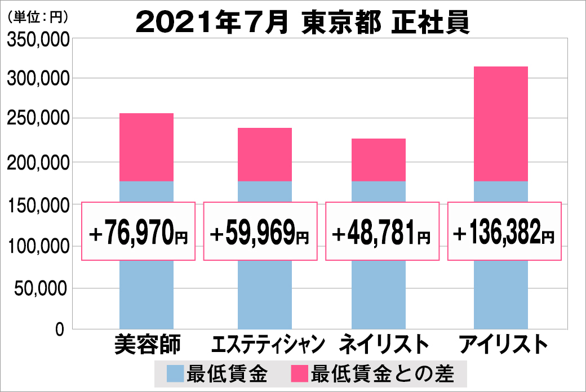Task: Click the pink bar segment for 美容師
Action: click(x=146, y=147)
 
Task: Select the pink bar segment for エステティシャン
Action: click(x=265, y=154)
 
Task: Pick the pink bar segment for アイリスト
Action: click(x=501, y=123)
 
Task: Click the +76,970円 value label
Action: click(x=139, y=231)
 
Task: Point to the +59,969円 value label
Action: click(x=260, y=231)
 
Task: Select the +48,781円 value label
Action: click(x=382, y=231)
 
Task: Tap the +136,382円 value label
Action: click(x=504, y=231)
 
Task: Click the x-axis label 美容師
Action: click(x=146, y=344)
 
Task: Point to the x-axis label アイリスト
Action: click(x=503, y=344)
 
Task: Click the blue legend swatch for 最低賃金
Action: click(x=175, y=373)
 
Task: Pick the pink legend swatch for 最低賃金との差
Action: click(x=299, y=373)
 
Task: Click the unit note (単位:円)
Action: click(x=38, y=17)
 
